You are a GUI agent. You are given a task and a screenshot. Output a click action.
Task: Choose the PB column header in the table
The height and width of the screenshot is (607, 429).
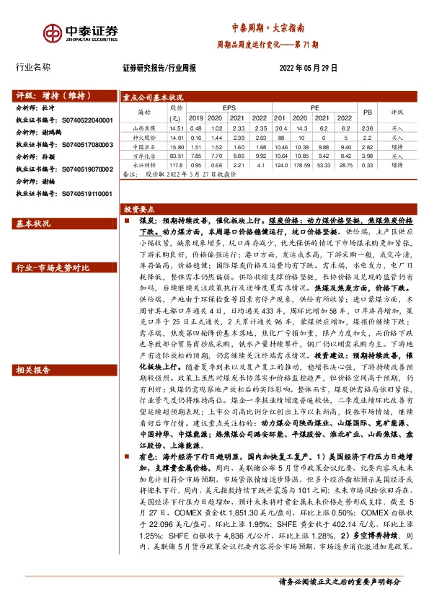(367, 112)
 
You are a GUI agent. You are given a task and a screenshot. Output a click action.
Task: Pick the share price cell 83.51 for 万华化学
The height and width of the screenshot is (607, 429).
(174, 155)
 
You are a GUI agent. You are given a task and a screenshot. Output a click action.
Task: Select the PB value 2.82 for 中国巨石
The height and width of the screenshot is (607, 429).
(366, 146)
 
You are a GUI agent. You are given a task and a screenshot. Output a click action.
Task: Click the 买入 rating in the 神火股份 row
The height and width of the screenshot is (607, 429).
(397, 137)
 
